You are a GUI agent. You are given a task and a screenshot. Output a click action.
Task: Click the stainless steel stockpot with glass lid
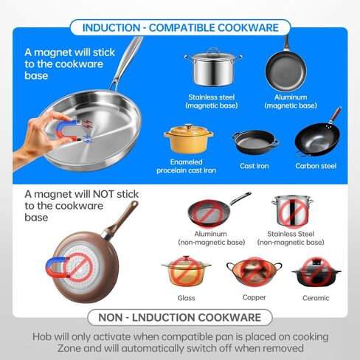click(213, 67)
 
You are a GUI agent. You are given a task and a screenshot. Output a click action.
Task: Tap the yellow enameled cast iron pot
click(189, 139)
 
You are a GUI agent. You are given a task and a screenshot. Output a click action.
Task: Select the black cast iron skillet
click(255, 142)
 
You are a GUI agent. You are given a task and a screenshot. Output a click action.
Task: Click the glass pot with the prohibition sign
click(186, 271)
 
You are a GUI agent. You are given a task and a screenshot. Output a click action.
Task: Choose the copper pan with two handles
click(254, 272)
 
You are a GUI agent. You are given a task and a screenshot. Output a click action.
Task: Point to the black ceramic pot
click(316, 272)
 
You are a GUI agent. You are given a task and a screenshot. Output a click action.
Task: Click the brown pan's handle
click(121, 220)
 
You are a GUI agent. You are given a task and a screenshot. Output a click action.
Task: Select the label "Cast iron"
click(255, 166)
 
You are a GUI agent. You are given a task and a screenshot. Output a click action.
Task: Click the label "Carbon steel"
click(316, 166)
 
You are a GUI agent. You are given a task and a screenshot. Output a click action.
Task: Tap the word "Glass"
click(186, 298)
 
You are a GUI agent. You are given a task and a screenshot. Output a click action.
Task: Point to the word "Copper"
click(254, 297)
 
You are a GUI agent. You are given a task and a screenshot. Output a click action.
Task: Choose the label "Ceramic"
click(316, 298)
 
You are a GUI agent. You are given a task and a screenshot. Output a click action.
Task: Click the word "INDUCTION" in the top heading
click(111, 28)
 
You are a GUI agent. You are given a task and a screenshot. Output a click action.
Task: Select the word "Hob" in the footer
click(42, 336)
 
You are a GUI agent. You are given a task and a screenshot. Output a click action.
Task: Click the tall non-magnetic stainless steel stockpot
click(292, 210)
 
